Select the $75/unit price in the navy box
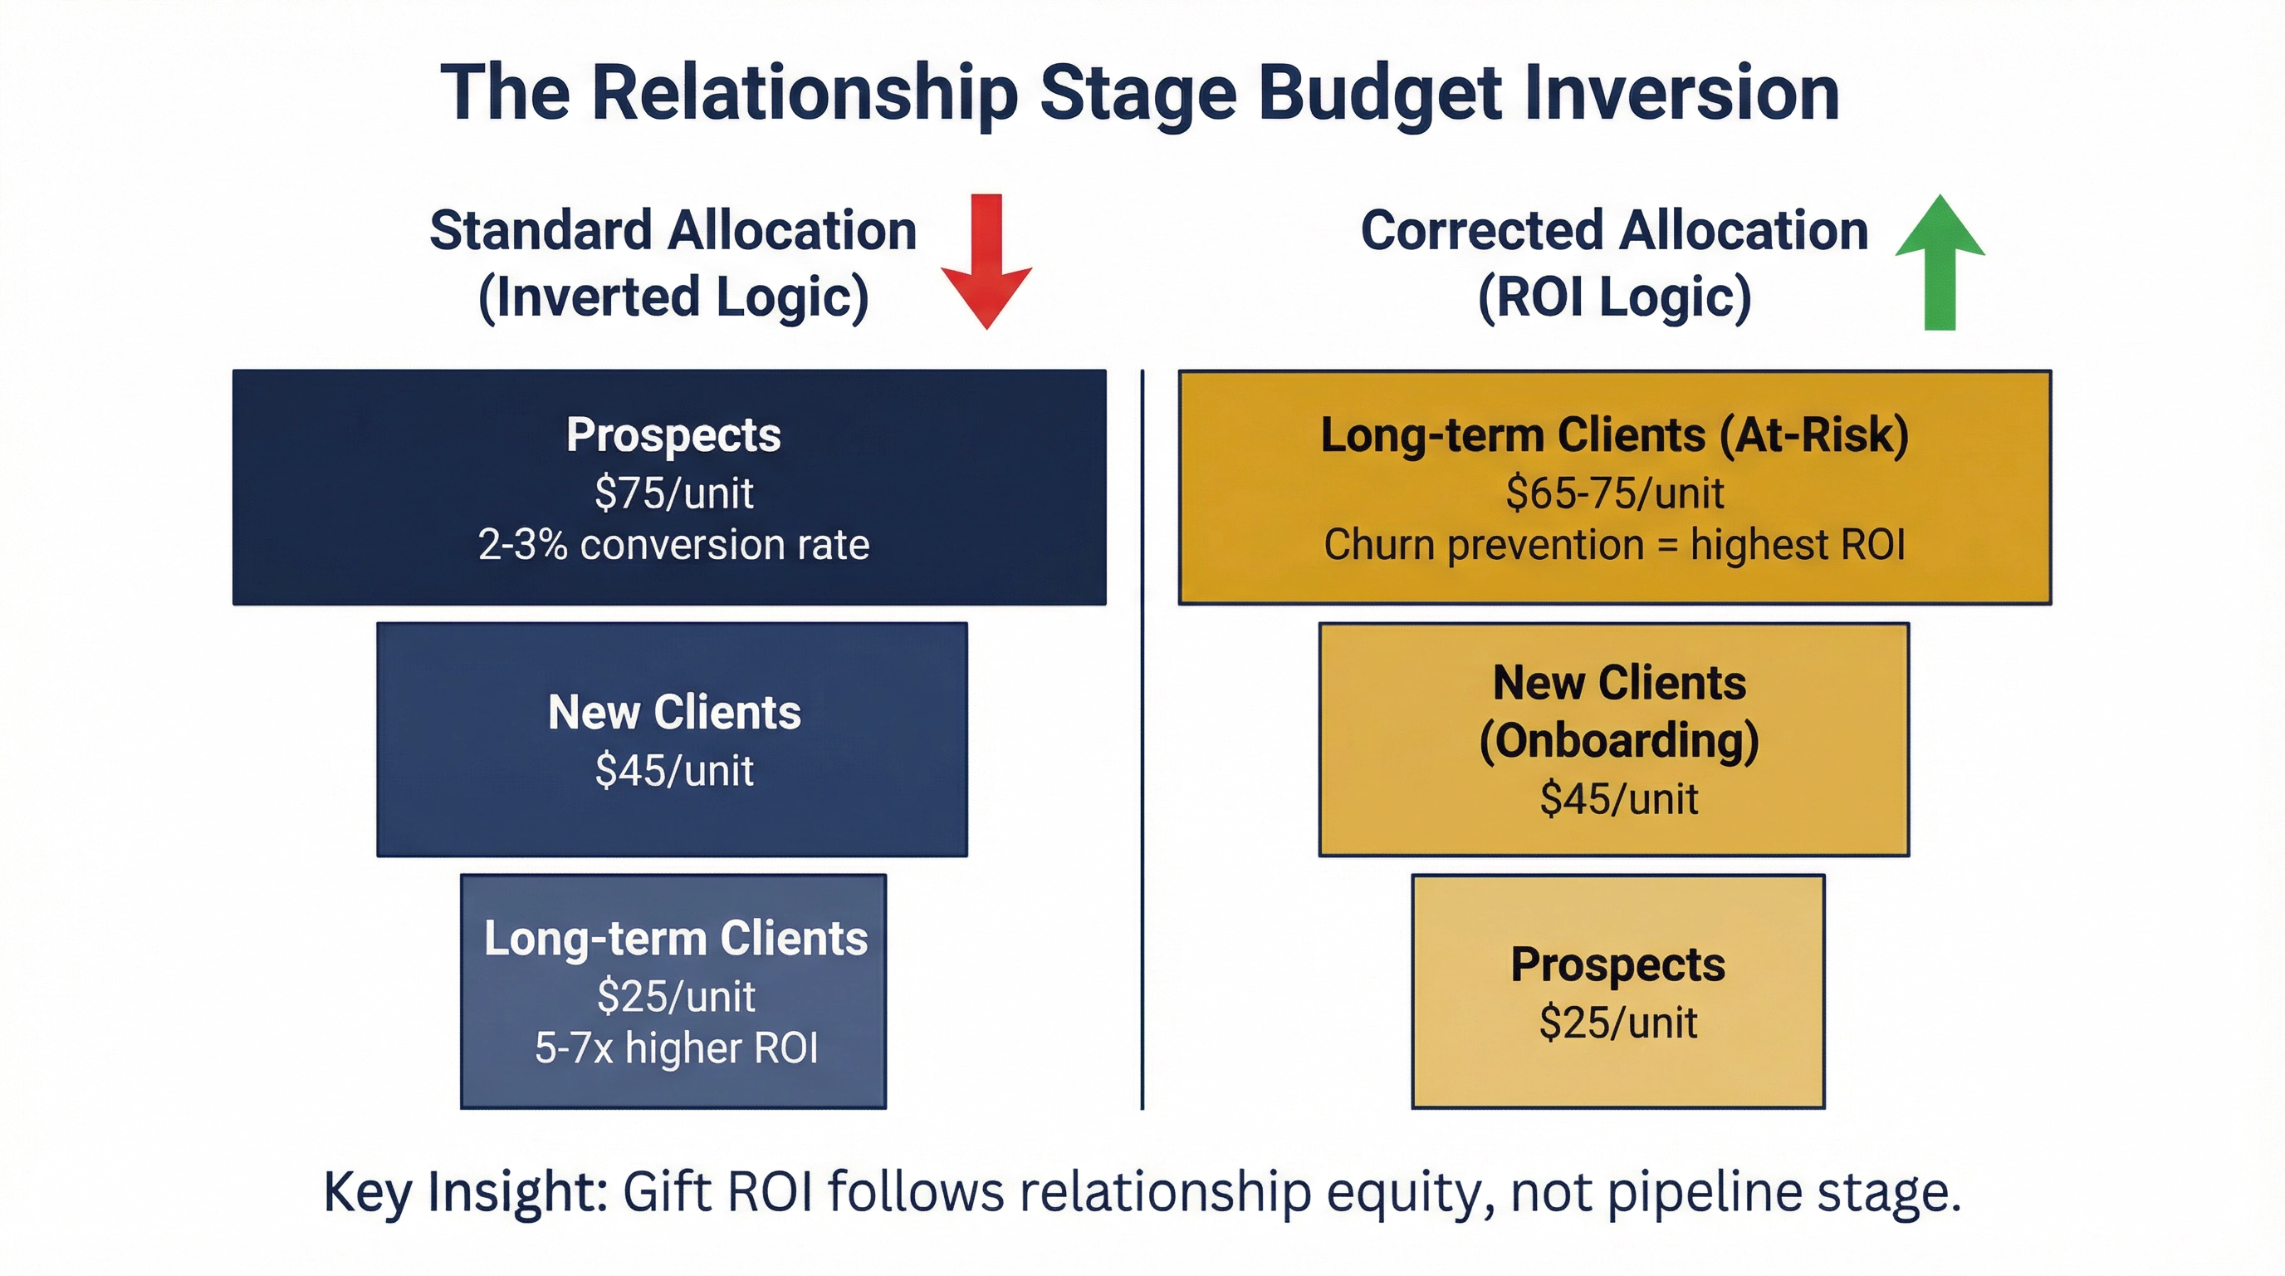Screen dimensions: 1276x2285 click(x=674, y=493)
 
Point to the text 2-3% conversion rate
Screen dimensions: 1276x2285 click(x=674, y=545)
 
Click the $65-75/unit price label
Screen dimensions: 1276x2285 click(x=1614, y=493)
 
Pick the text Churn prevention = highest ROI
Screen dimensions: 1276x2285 click(x=1614, y=545)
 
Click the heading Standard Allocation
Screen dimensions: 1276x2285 click(x=673, y=231)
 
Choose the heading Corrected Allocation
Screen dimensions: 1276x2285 click(x=1614, y=231)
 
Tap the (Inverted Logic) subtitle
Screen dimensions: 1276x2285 click(x=673, y=297)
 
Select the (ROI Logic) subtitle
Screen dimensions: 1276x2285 click(x=1614, y=297)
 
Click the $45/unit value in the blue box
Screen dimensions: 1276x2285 click(x=674, y=770)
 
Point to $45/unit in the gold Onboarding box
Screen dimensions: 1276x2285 click(x=1619, y=798)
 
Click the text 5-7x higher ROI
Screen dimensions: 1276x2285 click(x=676, y=1048)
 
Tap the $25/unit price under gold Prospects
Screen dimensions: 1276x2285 click(x=1618, y=1023)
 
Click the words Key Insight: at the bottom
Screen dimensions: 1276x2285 click(x=465, y=1192)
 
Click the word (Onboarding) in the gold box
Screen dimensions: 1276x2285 click(x=1619, y=740)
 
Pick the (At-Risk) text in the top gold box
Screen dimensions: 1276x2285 click(x=1814, y=435)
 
